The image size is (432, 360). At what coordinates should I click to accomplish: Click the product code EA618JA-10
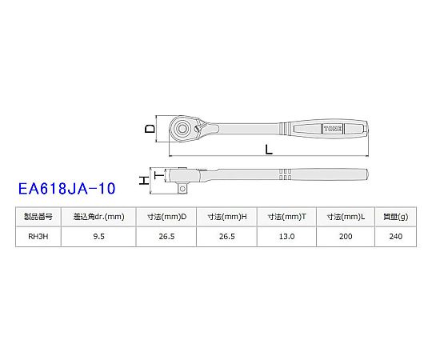tap(66, 189)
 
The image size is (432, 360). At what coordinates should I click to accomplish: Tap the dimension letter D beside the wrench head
tap(150, 129)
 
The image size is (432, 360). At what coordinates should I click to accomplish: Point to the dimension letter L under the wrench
tap(269, 150)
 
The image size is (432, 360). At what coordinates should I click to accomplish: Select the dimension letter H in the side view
tap(144, 181)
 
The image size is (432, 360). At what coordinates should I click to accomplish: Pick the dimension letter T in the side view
tap(158, 175)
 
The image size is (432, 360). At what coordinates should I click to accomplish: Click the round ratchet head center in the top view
tap(182, 128)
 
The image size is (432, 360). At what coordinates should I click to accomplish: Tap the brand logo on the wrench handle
tap(333, 129)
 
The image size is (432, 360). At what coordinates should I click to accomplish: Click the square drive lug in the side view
tap(182, 189)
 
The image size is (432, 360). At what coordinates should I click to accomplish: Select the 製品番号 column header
tap(38, 217)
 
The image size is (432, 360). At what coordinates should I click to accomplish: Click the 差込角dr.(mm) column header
tap(98, 217)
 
